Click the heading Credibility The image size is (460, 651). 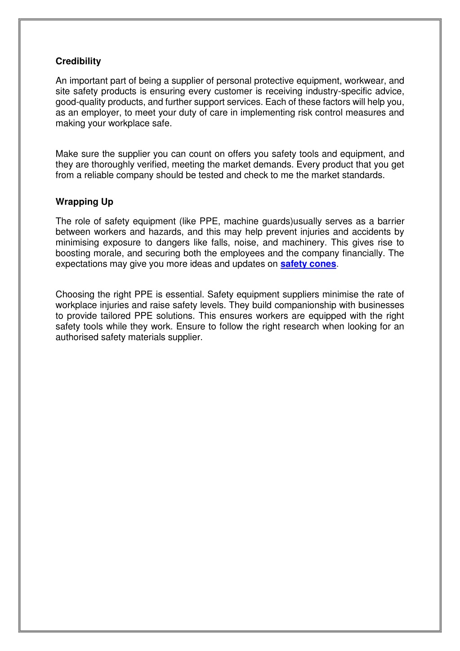tap(78, 61)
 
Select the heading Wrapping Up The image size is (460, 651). tap(84, 202)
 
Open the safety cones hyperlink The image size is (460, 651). tap(308, 264)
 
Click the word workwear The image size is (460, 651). tap(365, 81)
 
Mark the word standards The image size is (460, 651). tap(363, 175)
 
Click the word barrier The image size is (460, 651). tap(390, 221)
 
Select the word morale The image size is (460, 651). tap(107, 253)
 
